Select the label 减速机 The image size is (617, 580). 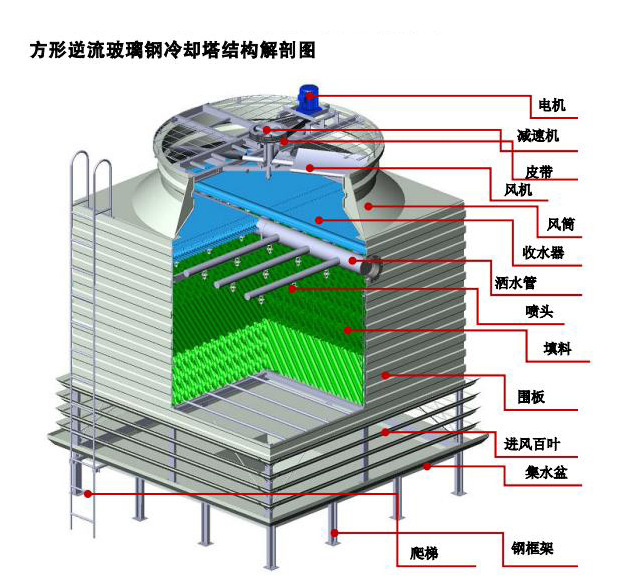coord(538,135)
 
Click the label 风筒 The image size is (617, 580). coord(560,222)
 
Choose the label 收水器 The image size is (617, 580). coord(543,251)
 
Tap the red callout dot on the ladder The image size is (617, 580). coord(89,493)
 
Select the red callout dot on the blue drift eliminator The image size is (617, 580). coord(319,218)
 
